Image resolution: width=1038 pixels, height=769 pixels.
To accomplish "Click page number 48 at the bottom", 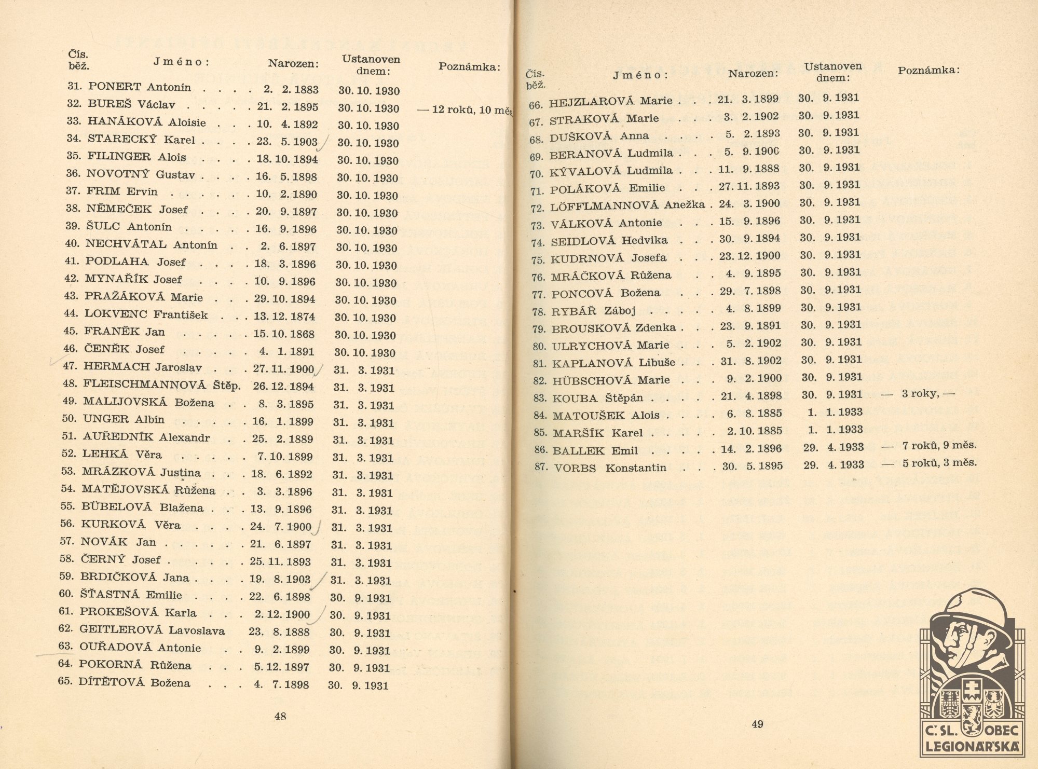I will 280,717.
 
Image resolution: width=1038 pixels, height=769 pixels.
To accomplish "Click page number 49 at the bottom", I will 757,724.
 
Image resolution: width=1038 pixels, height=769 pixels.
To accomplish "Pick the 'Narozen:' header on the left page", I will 293,64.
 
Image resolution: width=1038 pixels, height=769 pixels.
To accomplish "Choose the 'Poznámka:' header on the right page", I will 928,71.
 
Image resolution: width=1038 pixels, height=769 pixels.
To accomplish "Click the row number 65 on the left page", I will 65,681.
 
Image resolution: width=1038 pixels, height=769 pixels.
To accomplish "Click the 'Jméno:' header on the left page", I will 181,62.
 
